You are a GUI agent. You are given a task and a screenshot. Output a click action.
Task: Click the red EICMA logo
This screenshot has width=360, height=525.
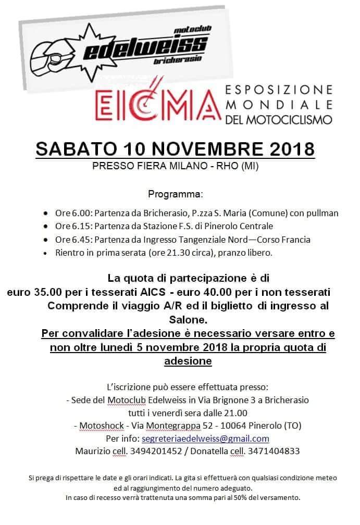point(155,103)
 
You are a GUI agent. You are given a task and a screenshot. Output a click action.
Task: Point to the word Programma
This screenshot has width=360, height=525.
point(175,194)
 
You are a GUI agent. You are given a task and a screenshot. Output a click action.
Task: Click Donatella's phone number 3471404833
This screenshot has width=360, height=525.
point(274,451)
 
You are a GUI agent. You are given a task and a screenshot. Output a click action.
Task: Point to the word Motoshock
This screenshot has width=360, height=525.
point(102,426)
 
